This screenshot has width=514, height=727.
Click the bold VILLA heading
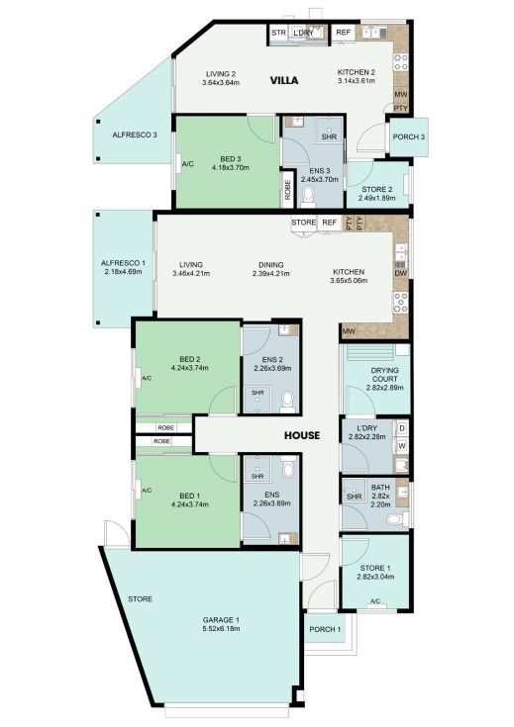pos(284,81)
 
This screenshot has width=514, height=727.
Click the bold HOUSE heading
pos(302,435)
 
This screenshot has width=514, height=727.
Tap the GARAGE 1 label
pos(221,620)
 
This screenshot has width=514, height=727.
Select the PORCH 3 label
pos(409,137)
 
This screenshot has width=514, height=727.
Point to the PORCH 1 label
pos(325,629)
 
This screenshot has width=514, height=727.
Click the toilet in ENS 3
pos(308,197)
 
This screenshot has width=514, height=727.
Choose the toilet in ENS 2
pos(287,401)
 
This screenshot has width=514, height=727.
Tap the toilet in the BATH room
pos(397,519)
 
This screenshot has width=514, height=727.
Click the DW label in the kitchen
pos(401,274)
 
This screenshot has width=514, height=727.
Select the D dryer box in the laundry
pos(402,428)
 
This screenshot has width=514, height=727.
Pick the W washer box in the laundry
pos(402,446)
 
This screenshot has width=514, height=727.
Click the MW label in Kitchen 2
pos(401,94)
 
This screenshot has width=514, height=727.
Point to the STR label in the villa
pos(278,33)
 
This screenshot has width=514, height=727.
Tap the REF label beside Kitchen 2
pos(343,32)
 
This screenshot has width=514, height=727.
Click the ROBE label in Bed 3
pos(287,190)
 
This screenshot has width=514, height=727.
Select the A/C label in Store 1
pos(375,601)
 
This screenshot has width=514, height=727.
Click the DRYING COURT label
pos(385,375)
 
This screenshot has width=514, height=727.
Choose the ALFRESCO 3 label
pos(135,135)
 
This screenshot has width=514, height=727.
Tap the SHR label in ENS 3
pos(329,137)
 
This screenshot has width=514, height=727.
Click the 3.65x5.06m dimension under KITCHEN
pos(349,281)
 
